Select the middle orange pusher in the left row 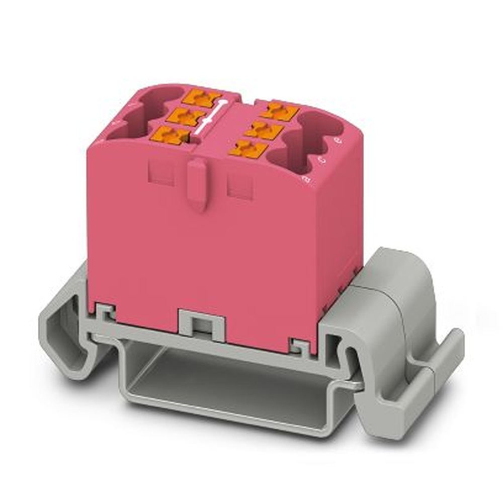pyautogui.click(x=184, y=117)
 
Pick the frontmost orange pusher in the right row pyautogui.click(x=248, y=148)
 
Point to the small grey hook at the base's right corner pyautogui.click(x=300, y=346)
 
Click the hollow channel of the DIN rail pyautogui.click(x=226, y=382)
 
